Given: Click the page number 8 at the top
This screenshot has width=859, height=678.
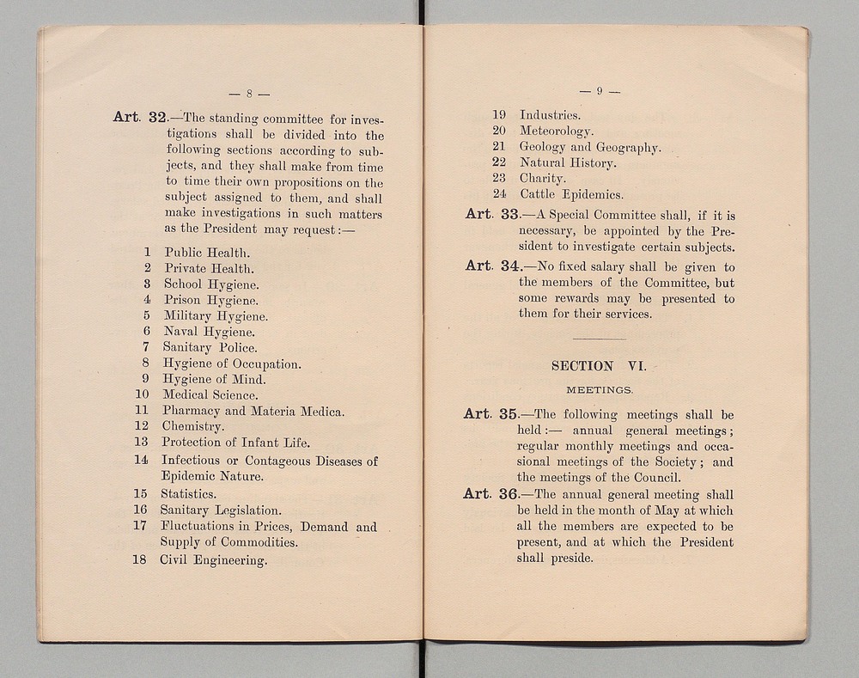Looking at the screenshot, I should point(247,94).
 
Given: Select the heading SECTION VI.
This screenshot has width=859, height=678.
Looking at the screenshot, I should point(598,365).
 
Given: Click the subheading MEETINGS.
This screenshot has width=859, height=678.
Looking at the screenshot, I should point(599,389).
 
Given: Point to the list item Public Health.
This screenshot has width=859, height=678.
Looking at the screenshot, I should point(206,253).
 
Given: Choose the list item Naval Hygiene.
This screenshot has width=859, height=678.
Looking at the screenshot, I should point(209,332).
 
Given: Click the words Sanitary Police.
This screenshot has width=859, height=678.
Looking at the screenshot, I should point(210,347).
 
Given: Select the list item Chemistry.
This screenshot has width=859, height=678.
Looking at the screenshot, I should point(193,426).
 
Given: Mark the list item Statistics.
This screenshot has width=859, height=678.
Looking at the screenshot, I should point(188,494).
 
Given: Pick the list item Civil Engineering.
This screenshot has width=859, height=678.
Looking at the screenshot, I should point(213,560).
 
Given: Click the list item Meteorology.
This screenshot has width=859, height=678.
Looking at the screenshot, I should point(557,131).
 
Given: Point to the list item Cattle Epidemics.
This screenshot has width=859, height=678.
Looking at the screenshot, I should point(571,195).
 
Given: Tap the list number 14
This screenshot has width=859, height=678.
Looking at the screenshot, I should point(142,460).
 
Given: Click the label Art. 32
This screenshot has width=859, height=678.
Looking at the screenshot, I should point(139,118).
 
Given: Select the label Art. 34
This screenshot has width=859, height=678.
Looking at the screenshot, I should point(488,266).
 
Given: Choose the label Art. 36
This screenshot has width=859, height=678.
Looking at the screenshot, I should point(488,494).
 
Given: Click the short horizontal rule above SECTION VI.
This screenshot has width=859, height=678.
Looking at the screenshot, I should point(599,340).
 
